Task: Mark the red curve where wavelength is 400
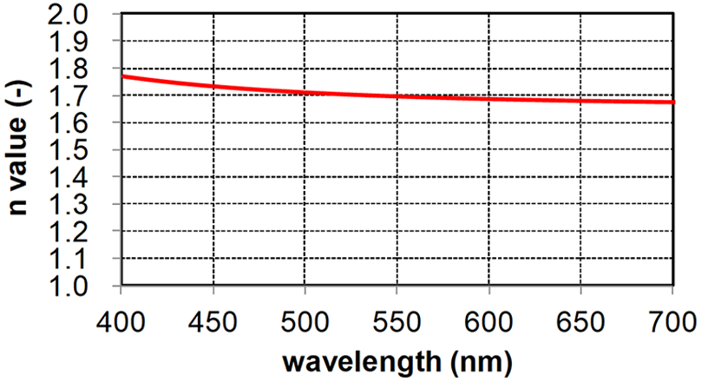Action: point(122,76)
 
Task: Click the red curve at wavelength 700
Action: point(672,102)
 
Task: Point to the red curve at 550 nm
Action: point(397,95)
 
